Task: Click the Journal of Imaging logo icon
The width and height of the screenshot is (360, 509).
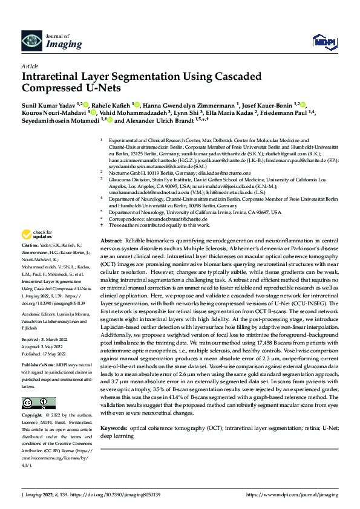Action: click(31, 41)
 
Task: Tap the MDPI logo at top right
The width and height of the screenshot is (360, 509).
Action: click(323, 41)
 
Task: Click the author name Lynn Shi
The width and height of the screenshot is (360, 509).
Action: click(191, 112)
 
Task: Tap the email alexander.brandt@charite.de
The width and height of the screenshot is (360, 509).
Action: click(168, 218)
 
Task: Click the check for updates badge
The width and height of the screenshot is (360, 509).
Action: click(38, 235)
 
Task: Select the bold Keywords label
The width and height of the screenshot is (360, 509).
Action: click(114, 427)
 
